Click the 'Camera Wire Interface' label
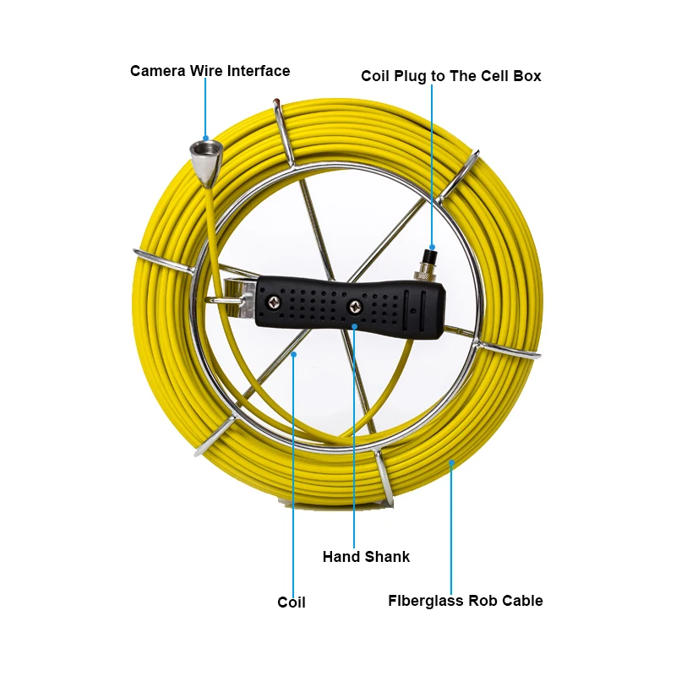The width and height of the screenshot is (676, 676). pos(210,71)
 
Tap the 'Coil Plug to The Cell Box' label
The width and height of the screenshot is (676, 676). pos(451,76)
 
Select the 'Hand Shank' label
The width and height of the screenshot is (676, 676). pos(366,557)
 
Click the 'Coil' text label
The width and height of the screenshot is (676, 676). pos(292,602)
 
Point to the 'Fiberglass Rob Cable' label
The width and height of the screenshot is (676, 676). pos(466,601)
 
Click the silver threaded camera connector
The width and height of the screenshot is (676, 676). pos(206,155)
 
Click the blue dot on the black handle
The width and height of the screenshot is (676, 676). pos(355,325)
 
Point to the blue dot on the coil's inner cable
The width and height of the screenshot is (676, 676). pos(293,355)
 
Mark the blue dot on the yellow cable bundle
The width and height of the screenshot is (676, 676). pos(451,462)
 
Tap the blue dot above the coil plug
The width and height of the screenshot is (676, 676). pos(432,244)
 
